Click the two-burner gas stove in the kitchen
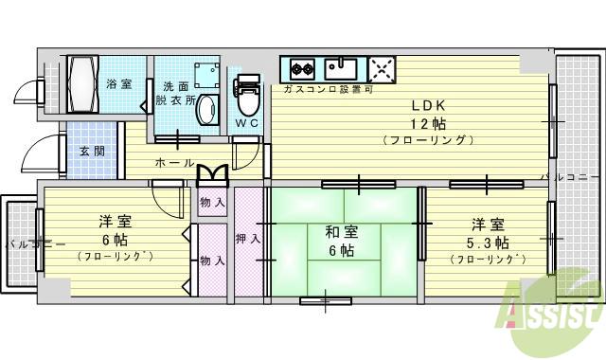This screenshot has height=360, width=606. click(x=302, y=68)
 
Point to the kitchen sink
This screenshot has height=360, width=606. click(x=341, y=68)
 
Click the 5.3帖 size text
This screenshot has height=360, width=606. click(x=487, y=242)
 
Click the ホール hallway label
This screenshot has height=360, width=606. click(x=175, y=162)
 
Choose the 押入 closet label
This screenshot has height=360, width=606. click(x=247, y=239)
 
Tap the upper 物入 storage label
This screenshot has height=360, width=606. click(x=212, y=202)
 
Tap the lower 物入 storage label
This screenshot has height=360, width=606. click(x=212, y=260)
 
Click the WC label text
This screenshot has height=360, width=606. click(x=246, y=123)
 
